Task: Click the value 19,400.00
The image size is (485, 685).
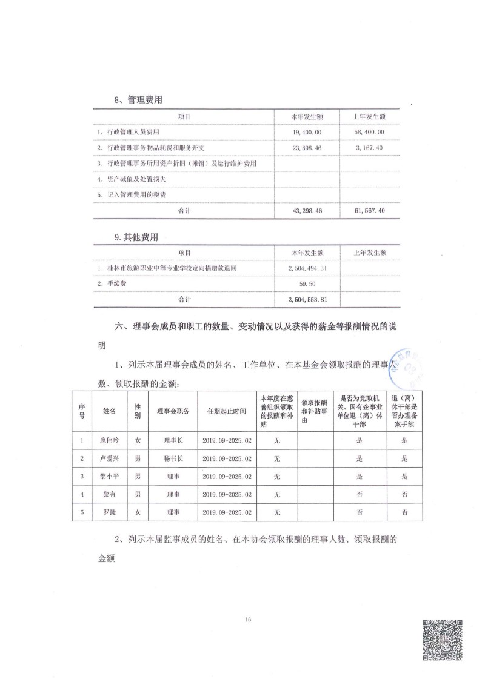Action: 306,131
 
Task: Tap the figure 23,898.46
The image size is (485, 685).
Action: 306,147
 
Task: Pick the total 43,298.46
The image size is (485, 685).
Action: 306,210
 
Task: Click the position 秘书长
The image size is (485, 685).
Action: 173,459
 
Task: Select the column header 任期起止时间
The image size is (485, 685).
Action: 227,411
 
